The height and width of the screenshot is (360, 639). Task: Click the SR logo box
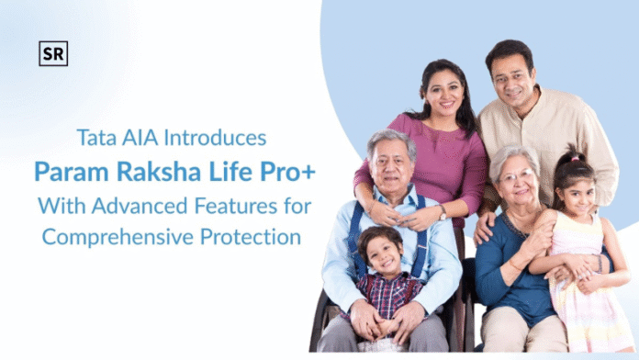(x=53, y=54)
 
